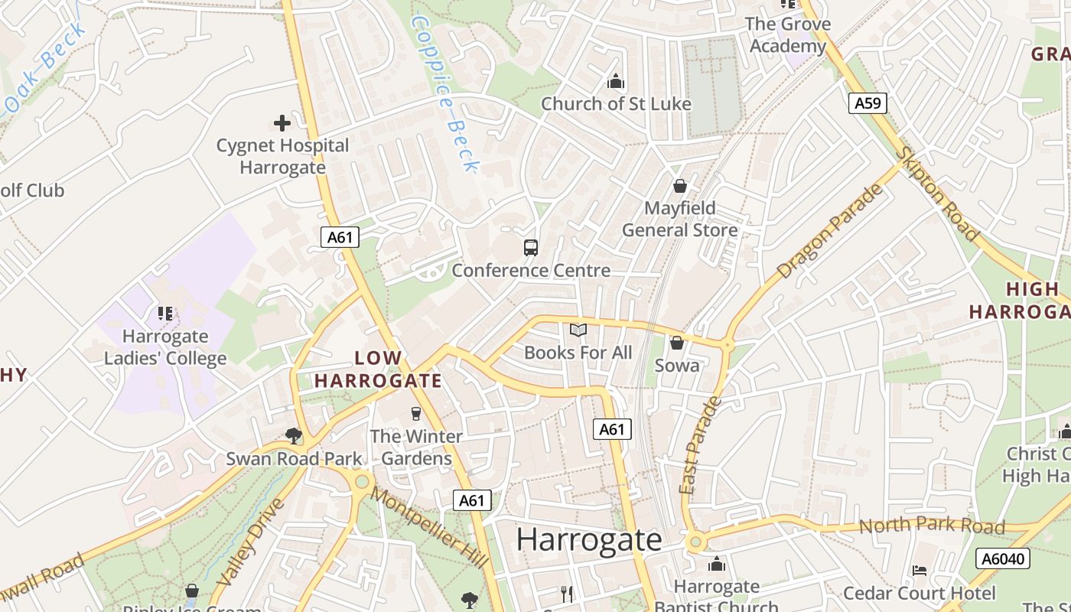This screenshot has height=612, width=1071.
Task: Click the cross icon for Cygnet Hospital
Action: point(282,122)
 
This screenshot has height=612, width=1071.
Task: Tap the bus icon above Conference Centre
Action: point(531,247)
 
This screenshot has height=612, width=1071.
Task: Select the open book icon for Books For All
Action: point(578,330)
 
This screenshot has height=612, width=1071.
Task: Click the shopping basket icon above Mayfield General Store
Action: point(679,186)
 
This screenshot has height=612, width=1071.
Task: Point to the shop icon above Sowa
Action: point(676,343)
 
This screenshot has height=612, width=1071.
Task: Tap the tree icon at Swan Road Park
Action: point(293,436)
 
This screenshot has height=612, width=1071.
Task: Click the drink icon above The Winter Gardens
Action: point(416,414)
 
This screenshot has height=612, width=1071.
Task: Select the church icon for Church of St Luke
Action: point(616,81)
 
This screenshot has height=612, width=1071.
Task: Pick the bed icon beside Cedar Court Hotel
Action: point(920,571)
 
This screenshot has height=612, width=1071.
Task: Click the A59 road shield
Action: point(868,103)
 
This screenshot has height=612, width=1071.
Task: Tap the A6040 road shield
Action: point(1003,558)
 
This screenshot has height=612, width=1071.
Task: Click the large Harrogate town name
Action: point(588,539)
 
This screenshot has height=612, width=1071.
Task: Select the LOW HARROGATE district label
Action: point(378,369)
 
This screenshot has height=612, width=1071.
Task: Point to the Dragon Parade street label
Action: point(829,231)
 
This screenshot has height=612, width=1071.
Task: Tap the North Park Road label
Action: point(932,526)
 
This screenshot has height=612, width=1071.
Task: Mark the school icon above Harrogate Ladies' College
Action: point(165,314)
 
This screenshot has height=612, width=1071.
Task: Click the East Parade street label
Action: point(699,446)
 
